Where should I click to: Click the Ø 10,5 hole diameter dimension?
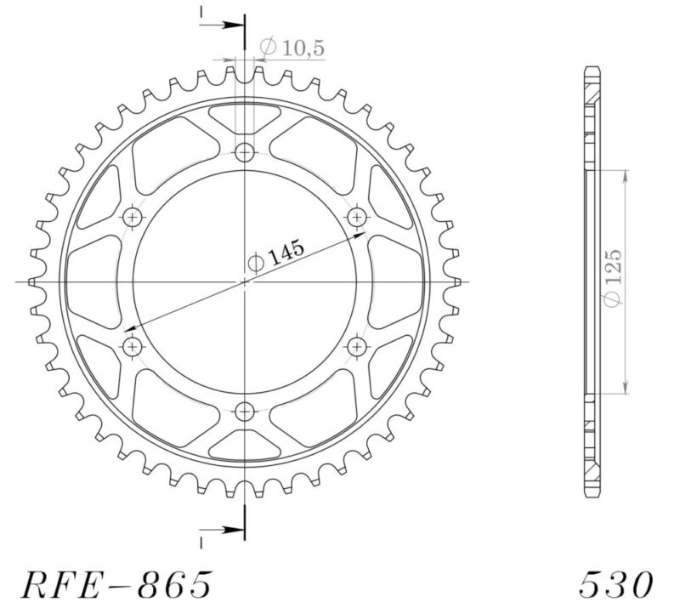pos(292,49)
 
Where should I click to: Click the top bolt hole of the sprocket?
pos(245,153)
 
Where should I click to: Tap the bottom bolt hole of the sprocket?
pos(245,411)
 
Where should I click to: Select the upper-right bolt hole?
pos(357,217)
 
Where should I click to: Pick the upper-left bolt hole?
pos(133,217)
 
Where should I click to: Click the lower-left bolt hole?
pos(133,346)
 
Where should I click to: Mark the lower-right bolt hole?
pos(357,346)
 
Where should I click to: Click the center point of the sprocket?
pos(245,281)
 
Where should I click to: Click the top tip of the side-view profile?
pos(592,67)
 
